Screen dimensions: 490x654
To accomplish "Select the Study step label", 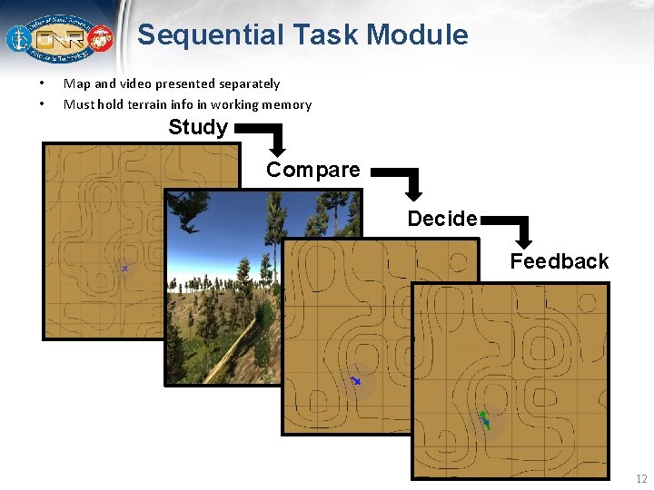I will pyautogui.click(x=198, y=127).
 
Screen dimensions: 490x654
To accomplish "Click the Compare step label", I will pyautogui.click(x=312, y=170).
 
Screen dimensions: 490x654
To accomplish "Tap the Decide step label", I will pyautogui.click(x=442, y=219).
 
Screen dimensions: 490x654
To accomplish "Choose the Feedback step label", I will pyautogui.click(x=559, y=261).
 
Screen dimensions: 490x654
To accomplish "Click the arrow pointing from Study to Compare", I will pyautogui.click(x=269, y=138).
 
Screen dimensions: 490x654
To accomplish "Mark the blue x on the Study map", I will pyautogui.click(x=125, y=269).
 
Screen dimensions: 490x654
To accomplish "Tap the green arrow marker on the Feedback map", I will pyautogui.click(x=484, y=419).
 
